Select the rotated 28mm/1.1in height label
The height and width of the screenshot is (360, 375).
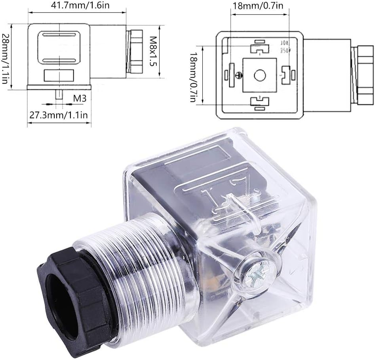[5, 56]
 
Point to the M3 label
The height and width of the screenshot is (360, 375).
[80, 98]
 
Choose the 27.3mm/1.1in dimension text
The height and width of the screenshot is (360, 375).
[59, 115]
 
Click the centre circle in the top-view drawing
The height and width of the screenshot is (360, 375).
[260, 75]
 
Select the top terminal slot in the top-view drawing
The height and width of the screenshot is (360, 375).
[260, 48]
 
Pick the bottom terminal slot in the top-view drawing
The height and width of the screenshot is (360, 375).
[260, 102]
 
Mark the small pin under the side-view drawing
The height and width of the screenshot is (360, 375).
[59, 95]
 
